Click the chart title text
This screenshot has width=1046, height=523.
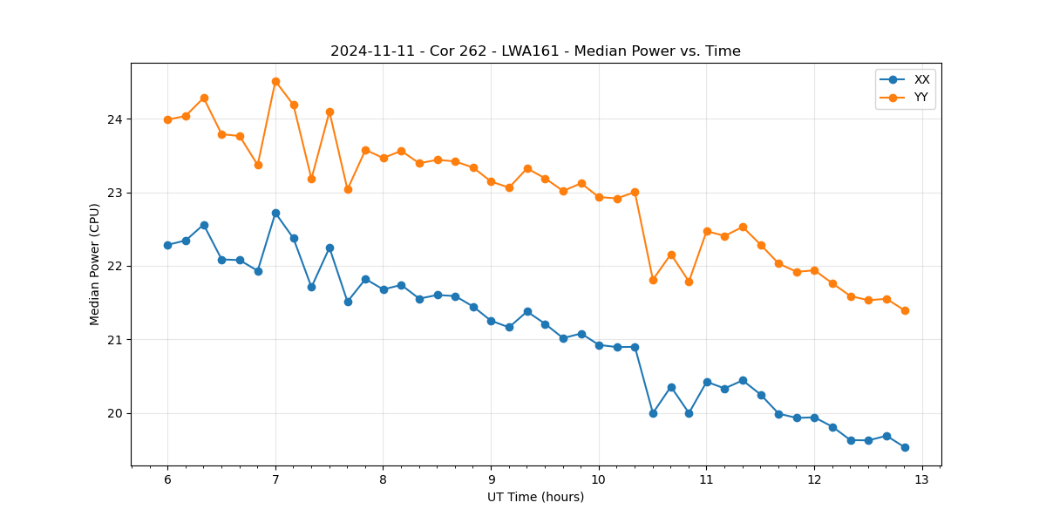(x=535, y=51)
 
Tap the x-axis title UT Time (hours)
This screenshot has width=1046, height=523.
(x=535, y=497)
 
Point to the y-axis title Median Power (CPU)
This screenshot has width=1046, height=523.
(x=95, y=264)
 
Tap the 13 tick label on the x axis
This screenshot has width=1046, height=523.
(x=922, y=480)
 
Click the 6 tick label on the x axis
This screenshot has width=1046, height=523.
(x=167, y=480)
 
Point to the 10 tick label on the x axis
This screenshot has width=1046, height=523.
(x=599, y=480)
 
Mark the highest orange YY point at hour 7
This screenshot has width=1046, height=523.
(x=275, y=81)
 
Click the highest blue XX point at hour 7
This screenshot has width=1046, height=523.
(x=275, y=213)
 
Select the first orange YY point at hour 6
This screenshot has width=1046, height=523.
(x=167, y=119)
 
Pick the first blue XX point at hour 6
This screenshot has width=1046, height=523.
(x=167, y=245)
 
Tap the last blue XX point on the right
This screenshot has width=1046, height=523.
(x=905, y=447)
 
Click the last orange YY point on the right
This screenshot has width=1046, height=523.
(x=905, y=310)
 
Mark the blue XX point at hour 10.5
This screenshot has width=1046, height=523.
(x=653, y=413)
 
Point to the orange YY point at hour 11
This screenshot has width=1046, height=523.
(x=707, y=231)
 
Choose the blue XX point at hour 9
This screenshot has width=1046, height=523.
(x=491, y=321)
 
